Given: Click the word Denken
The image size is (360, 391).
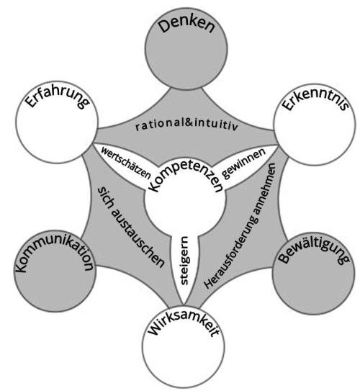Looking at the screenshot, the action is click(x=187, y=25).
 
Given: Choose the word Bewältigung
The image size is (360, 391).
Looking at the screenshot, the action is click(x=314, y=251).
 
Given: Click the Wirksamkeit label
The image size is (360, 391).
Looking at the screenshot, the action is click(x=184, y=324).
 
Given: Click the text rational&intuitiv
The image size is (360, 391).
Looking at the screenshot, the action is click(x=186, y=125).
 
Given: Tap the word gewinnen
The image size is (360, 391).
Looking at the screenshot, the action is click(x=244, y=163).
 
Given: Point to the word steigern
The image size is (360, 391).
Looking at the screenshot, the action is click(x=184, y=261).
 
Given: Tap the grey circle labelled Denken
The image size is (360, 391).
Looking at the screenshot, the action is click(x=186, y=48).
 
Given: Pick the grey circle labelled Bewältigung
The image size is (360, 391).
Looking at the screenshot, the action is click(x=314, y=274).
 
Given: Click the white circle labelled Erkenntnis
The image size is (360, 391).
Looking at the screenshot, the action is click(x=315, y=124).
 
